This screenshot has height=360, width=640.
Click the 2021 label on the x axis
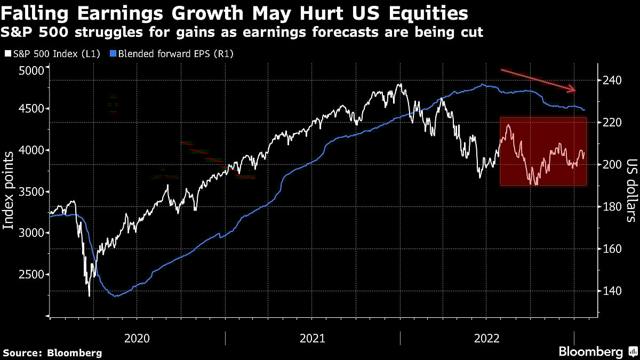click(313, 338)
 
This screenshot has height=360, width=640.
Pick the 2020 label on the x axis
click(138, 338)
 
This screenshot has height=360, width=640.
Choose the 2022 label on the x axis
click(487, 338)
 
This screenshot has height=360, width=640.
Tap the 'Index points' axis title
click(9, 190)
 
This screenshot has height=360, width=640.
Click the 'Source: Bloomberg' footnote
click(52, 353)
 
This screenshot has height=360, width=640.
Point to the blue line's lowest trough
click(116, 296)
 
